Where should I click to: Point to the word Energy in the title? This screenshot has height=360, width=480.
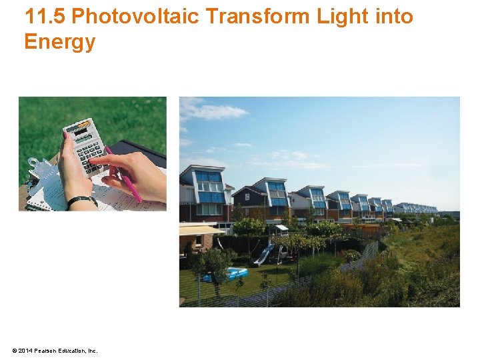(59, 42)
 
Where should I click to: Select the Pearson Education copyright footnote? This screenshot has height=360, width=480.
(55, 350)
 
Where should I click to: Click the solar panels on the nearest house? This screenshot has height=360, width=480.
(209, 187)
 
